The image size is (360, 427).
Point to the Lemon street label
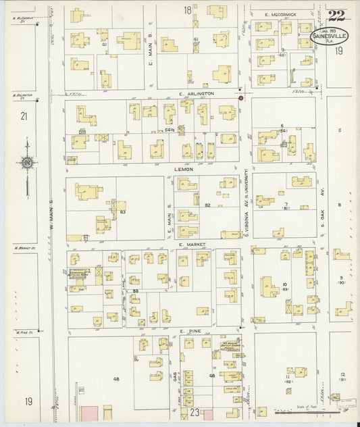coord(186,169)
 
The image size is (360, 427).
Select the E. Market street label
coord(192,245)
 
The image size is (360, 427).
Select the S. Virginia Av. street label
coord(247,196)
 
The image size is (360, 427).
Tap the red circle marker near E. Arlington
coord(240,99)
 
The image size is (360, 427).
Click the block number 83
coord(123,212)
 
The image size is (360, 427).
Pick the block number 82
coord(208,204)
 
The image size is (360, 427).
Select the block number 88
coord(136,291)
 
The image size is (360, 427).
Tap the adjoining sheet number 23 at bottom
coord(194,411)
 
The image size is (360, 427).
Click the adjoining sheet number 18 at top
coord(187,9)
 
